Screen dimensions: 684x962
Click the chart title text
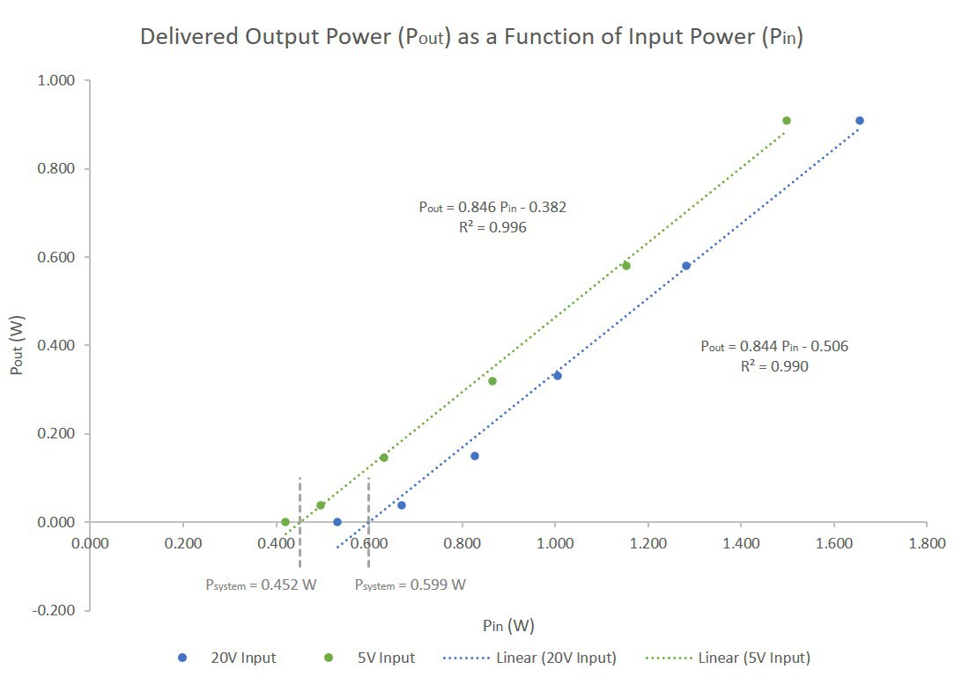471,39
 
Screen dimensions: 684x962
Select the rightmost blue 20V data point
860,121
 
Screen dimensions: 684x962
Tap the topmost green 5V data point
787,121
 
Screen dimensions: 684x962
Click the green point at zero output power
285,522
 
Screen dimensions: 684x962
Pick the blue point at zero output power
337,522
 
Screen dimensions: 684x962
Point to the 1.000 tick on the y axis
59,81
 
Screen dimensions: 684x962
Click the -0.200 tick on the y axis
57,611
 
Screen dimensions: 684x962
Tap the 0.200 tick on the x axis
182,543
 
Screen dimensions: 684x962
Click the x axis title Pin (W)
508,626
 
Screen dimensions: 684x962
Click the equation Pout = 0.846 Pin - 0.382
492,208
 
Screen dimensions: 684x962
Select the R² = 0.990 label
774,366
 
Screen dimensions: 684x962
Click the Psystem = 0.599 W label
411,585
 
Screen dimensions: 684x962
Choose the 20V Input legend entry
228,658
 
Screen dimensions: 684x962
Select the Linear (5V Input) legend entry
728,658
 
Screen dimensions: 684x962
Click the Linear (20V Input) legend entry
530,658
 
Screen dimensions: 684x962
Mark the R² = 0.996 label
492,227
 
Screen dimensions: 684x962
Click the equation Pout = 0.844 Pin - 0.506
774,346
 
